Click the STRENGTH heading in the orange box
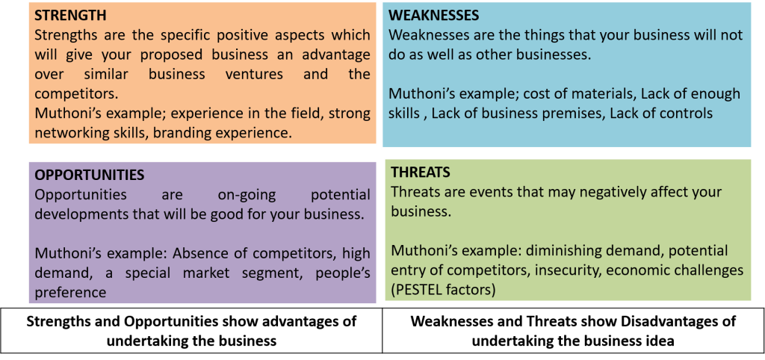(70, 15)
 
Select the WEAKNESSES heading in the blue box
(434, 15)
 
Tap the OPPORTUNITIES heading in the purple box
(89, 174)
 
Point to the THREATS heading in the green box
(420, 173)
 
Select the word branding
(176, 133)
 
